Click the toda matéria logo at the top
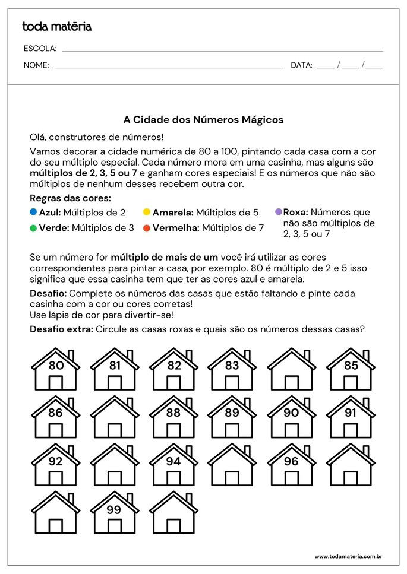tap(56, 26)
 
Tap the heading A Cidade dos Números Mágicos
tap(203, 120)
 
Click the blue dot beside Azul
tap(33, 211)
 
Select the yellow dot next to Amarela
tap(146, 211)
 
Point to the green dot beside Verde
tap(33, 227)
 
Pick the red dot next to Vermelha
tap(146, 227)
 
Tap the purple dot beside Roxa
tap(278, 211)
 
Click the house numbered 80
tap(56, 369)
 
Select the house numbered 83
tap(232, 369)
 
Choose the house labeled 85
tap(351, 369)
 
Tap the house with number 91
tap(351, 417)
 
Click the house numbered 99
tap(115, 512)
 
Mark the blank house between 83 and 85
tap(291, 369)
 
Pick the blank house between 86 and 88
tap(115, 417)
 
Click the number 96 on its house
tap(291, 461)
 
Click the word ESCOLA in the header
tap(40, 49)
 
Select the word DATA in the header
tap(301, 65)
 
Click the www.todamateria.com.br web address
tap(348, 556)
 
